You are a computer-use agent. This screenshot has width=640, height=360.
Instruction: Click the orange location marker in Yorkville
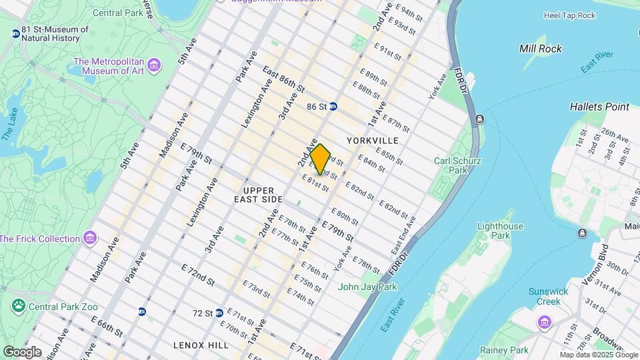(321, 159)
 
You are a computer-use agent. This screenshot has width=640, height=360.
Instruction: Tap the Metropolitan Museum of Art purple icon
(155, 65)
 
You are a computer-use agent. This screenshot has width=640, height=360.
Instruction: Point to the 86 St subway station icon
(333, 106)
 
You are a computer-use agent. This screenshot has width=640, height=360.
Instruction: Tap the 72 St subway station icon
(219, 313)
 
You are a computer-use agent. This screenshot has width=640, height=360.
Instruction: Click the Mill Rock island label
(540, 49)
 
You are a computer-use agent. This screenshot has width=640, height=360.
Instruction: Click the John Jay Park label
(367, 287)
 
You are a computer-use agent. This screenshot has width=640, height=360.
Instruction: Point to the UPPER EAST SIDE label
(259, 195)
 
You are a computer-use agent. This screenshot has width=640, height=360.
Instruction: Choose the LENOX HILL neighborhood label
(201, 345)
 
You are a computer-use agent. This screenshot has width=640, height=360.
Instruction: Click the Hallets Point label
(599, 107)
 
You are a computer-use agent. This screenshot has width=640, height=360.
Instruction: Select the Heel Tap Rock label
(569, 15)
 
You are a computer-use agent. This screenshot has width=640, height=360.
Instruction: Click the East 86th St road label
(283, 79)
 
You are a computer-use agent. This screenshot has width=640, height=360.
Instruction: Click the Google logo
(22, 351)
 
